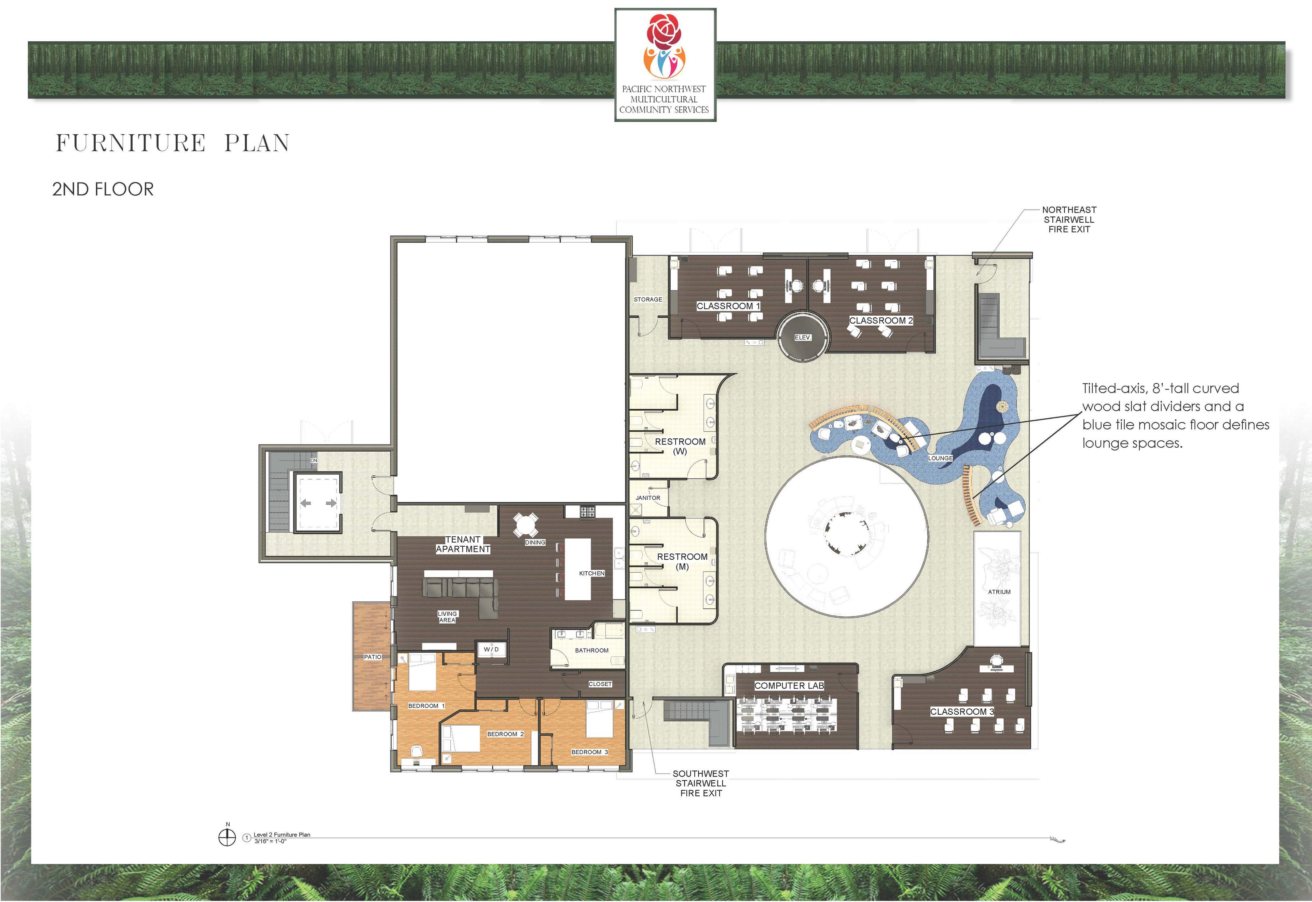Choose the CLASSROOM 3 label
[x=962, y=712]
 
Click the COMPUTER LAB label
[x=789, y=685]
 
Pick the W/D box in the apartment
[x=491, y=650]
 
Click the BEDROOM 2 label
[x=505, y=734]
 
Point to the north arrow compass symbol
[x=227, y=837]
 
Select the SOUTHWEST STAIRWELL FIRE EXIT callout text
[x=701, y=783]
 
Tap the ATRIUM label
[x=999, y=592]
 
